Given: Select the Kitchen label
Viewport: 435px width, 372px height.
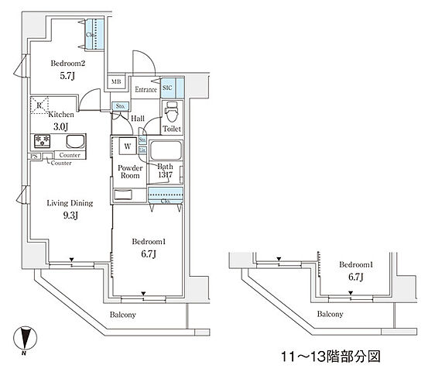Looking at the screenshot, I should tap(50, 113).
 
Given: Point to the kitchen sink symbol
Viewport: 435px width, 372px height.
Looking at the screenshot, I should tap(75, 141).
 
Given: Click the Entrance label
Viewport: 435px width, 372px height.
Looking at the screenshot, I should tap(145, 91).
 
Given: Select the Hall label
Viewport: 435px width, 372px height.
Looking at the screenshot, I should tap(138, 118).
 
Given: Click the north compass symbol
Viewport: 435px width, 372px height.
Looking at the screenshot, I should tap(26, 338).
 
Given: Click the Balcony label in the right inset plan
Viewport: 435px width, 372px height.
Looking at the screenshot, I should tap(332, 315).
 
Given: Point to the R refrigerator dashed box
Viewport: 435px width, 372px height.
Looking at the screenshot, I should tap(39, 104).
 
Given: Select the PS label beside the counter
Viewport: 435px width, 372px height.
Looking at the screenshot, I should tap(33, 156).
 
